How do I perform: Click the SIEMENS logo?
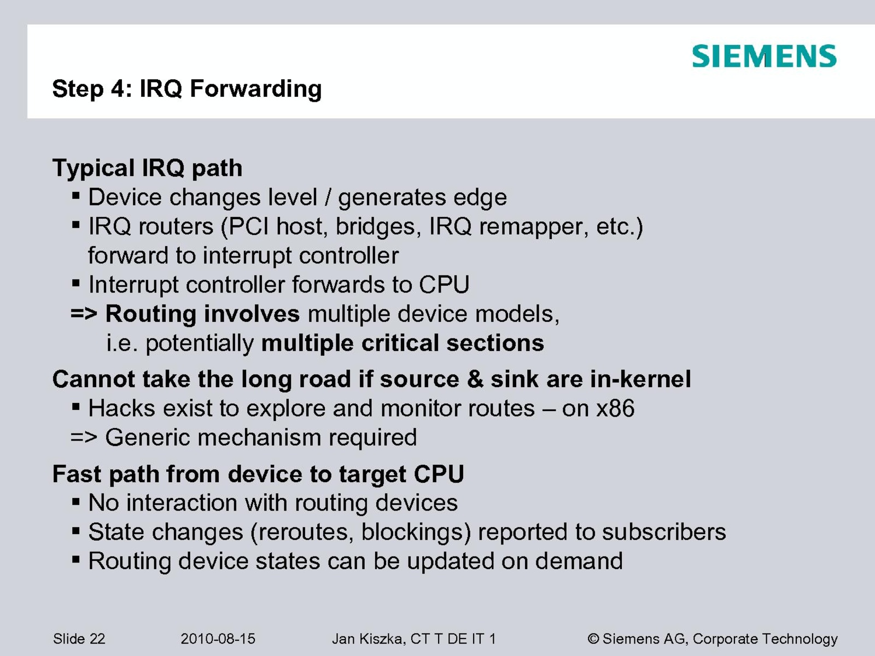[x=764, y=56]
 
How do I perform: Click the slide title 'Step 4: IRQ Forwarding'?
[x=187, y=89]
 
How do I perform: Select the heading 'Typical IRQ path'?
[x=148, y=168]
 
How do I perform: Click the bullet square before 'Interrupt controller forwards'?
[x=75, y=284]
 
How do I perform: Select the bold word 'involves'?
[x=252, y=313]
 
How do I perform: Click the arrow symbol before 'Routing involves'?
[x=84, y=314]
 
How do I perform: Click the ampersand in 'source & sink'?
[x=475, y=379]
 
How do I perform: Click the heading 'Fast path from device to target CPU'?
[x=258, y=474]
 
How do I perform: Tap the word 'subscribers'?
[x=664, y=532]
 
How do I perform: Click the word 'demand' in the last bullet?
[x=579, y=561]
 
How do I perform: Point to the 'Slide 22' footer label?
[x=79, y=639]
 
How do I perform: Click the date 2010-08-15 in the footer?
[x=218, y=639]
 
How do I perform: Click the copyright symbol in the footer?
[x=593, y=639]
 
